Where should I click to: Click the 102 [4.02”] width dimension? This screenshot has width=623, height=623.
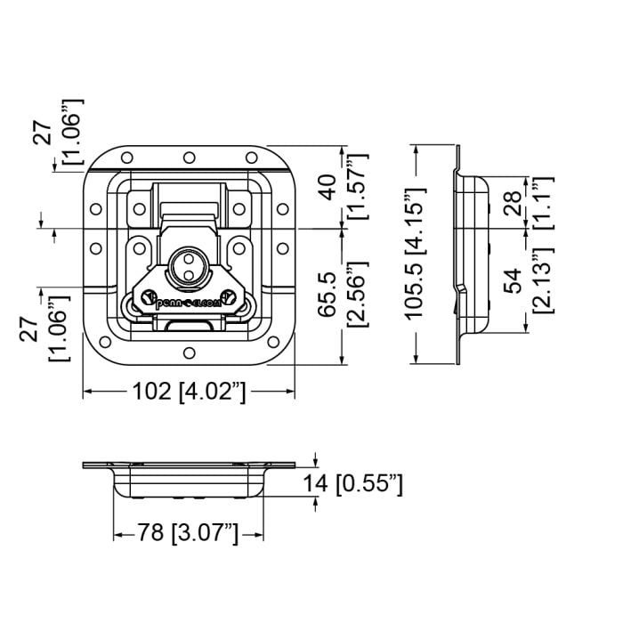click(x=189, y=392)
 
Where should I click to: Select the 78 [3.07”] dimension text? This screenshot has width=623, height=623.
click(x=188, y=532)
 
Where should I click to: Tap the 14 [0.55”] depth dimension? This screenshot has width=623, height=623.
click(x=352, y=484)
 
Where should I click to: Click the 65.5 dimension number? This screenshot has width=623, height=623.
click(x=328, y=295)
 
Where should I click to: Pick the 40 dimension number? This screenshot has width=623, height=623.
click(x=328, y=187)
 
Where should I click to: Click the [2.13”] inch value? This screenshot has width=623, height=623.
click(x=543, y=279)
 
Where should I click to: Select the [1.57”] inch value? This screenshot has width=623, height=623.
click(x=358, y=186)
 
